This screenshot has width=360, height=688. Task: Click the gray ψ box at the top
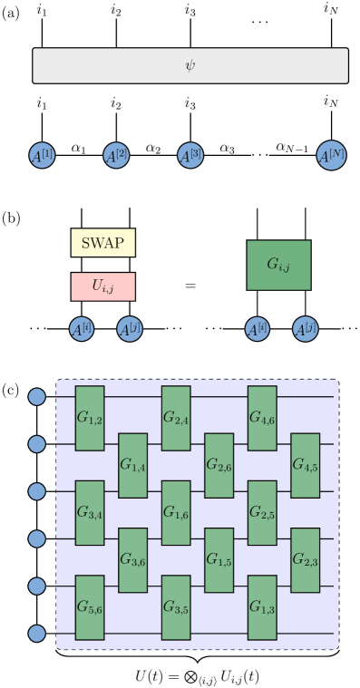coord(190,65)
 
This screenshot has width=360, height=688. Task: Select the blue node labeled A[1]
coord(42,155)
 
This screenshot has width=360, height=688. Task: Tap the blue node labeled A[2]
coord(116,155)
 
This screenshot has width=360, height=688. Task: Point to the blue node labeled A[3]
coord(190,155)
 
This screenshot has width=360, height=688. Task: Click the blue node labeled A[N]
coord(331,155)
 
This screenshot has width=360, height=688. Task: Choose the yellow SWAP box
coord(102,243)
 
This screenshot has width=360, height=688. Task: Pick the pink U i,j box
coord(102,286)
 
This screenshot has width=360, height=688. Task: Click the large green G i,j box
coord(278,265)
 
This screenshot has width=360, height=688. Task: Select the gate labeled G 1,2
coord(90,418)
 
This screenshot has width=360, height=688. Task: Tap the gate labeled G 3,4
coord(90,513)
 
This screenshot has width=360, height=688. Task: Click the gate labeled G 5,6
coord(90,607)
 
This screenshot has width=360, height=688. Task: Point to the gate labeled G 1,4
coord(133,465)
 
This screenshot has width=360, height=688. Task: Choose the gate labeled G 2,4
coord(176,418)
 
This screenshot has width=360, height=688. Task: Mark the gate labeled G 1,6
coord(176,513)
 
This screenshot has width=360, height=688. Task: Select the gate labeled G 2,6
coord(219,465)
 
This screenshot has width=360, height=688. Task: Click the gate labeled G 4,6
coord(262,418)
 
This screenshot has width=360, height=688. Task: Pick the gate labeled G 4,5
coord(305,465)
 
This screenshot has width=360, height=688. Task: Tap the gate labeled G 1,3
coord(262,607)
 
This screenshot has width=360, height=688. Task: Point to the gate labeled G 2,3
coord(305,560)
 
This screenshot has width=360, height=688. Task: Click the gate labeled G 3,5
coord(176,607)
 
